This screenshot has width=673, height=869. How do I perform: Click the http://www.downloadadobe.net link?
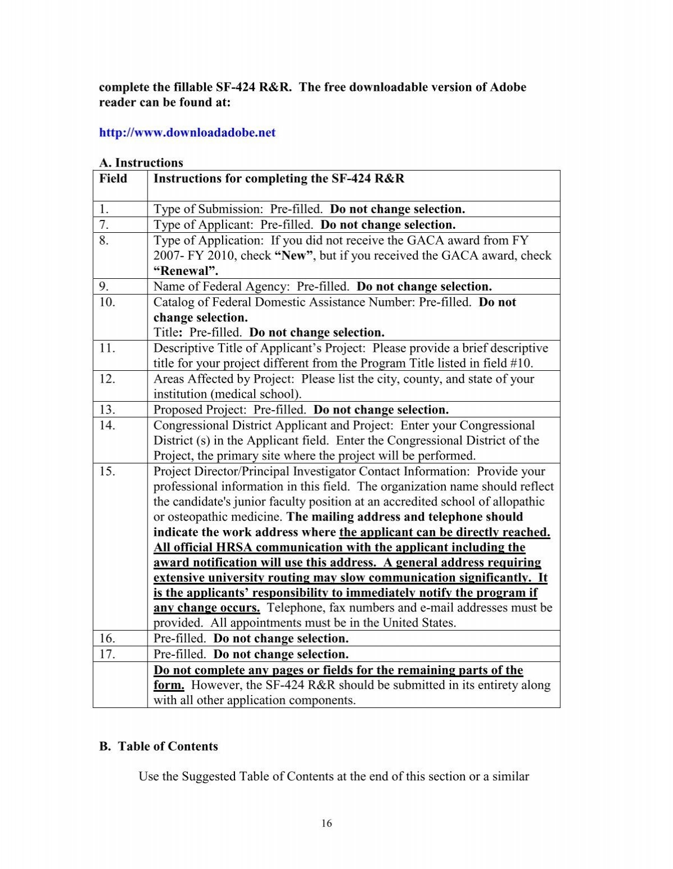(187, 133)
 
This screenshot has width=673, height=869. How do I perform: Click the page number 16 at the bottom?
(327, 824)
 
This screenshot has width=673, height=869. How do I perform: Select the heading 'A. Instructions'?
(141, 163)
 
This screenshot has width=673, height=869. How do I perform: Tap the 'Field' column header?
(113, 179)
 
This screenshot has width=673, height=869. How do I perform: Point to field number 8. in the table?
(103, 241)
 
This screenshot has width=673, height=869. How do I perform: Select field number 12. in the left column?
(107, 379)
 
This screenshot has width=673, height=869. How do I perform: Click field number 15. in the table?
(107, 472)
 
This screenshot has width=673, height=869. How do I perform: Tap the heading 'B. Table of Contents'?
(158, 747)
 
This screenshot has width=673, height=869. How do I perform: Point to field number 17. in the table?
(107, 655)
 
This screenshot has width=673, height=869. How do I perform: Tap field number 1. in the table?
(103, 210)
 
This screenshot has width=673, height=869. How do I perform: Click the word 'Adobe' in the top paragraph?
(509, 88)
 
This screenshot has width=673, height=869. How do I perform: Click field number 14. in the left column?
(107, 426)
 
